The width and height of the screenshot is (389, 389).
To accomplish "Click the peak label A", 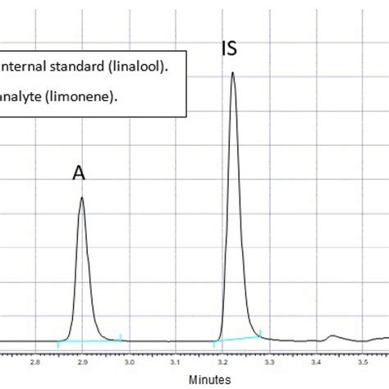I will pos(80,172).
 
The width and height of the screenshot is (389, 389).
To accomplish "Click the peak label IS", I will pos(230,48).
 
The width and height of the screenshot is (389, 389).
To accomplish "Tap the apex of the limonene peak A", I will pos(81,197).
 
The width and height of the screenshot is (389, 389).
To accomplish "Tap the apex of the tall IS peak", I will pos(232,73).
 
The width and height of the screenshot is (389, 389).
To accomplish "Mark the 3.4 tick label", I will pos(316,361).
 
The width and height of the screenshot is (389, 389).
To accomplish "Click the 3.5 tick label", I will pos(362,361).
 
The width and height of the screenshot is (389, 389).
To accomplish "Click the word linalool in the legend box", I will pos(144,67).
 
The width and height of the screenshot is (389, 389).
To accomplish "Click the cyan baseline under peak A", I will pos(90,340).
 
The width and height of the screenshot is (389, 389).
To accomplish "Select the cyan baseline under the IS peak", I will pos(238,337).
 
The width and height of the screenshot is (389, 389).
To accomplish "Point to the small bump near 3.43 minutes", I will pos(332,336).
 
